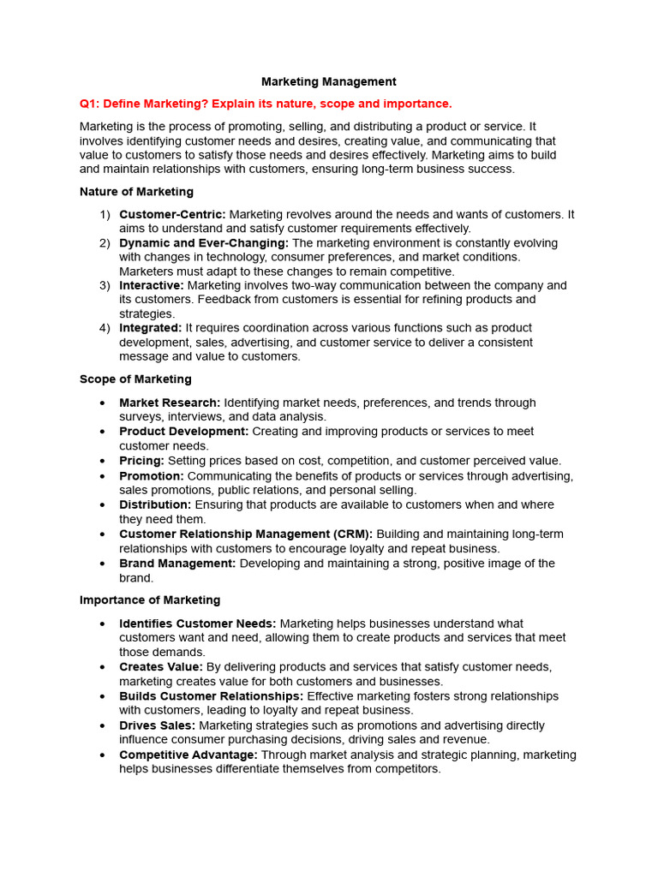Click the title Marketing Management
coord(328,82)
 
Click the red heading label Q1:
coord(92,104)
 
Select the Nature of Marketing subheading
coord(136,192)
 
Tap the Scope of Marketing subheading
coord(135,379)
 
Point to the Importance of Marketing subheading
coord(150,600)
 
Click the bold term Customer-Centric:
coord(172,214)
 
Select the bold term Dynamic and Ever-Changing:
coord(204,243)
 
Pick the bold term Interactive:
coord(152,285)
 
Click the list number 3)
coord(105,285)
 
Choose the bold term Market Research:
coord(170,403)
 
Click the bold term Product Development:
coord(184,432)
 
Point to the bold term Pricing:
coord(141,461)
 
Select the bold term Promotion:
coord(152,476)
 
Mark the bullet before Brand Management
coord(103,564)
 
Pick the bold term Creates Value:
coord(161,667)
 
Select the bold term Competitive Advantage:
coord(188,755)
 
